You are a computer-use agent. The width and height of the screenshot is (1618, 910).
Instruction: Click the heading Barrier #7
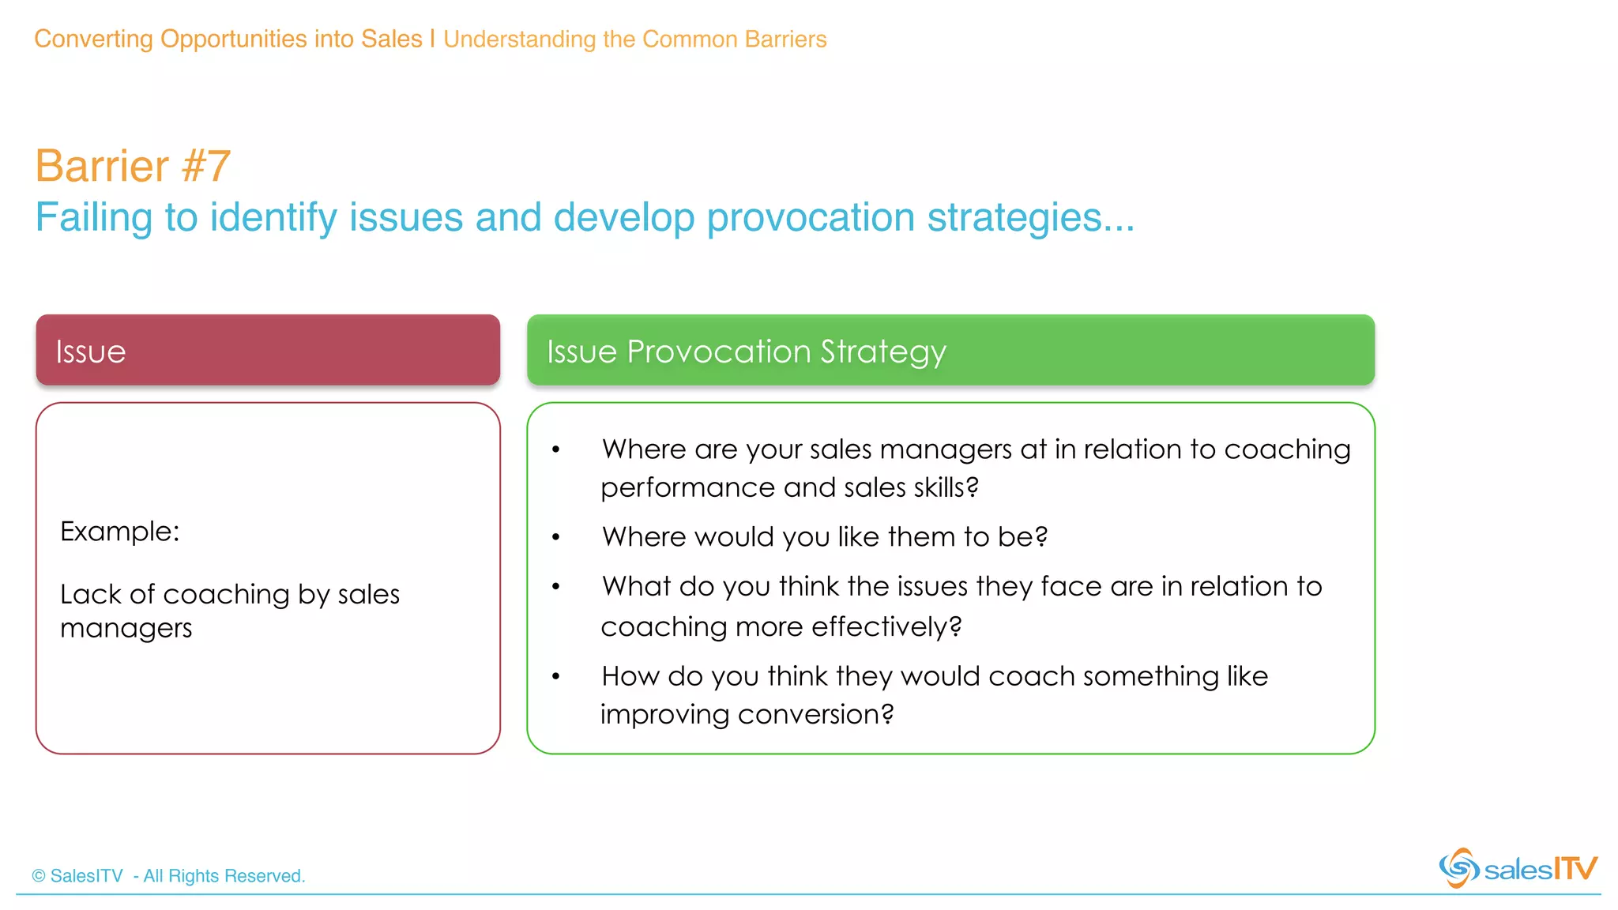[133, 166]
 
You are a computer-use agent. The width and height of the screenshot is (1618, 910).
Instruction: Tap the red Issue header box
[268, 350]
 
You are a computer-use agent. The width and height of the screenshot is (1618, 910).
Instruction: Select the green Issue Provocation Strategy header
[950, 350]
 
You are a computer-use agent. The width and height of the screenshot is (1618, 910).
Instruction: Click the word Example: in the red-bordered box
[120, 532]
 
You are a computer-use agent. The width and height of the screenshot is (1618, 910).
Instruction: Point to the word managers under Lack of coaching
[126, 629]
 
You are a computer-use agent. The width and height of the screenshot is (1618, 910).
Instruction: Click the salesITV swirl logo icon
[1458, 868]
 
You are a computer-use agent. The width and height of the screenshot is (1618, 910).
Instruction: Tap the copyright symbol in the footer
[39, 876]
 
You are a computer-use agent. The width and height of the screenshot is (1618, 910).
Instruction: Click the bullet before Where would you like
[556, 537]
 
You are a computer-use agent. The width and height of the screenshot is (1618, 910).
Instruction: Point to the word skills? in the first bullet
[946, 488]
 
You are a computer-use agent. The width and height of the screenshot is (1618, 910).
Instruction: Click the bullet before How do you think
[556, 677]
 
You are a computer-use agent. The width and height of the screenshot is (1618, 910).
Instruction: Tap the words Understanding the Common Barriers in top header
[634, 39]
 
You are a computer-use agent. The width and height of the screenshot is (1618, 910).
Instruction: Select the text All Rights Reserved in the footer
[224, 876]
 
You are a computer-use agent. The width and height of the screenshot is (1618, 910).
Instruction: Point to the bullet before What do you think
[556, 587]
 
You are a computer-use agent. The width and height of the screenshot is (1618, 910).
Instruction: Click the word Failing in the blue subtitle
[93, 217]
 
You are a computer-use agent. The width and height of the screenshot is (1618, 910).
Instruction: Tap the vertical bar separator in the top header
[433, 39]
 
